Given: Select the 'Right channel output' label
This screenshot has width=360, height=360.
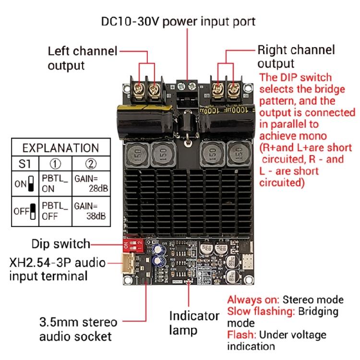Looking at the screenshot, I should click(296, 57).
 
